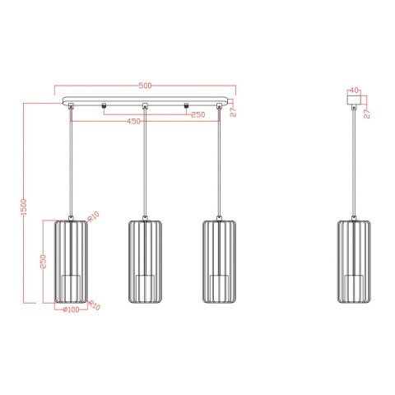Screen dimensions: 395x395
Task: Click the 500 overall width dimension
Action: pyautogui.click(x=145, y=86)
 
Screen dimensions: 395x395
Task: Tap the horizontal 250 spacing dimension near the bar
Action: pyautogui.click(x=197, y=114)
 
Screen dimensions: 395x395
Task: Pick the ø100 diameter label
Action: pyautogui.click(x=71, y=310)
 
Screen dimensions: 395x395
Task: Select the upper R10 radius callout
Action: pyautogui.click(x=93, y=216)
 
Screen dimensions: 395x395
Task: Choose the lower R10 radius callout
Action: pyautogui.click(x=93, y=305)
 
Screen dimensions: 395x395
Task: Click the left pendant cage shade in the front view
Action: pyautogui.click(x=71, y=260)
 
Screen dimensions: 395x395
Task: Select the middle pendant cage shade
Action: pyautogui.click(x=145, y=260)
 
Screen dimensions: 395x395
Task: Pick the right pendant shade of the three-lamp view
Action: pyautogui.click(x=218, y=260)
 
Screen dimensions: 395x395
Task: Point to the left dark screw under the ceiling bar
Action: pyautogui.click(x=104, y=106)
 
